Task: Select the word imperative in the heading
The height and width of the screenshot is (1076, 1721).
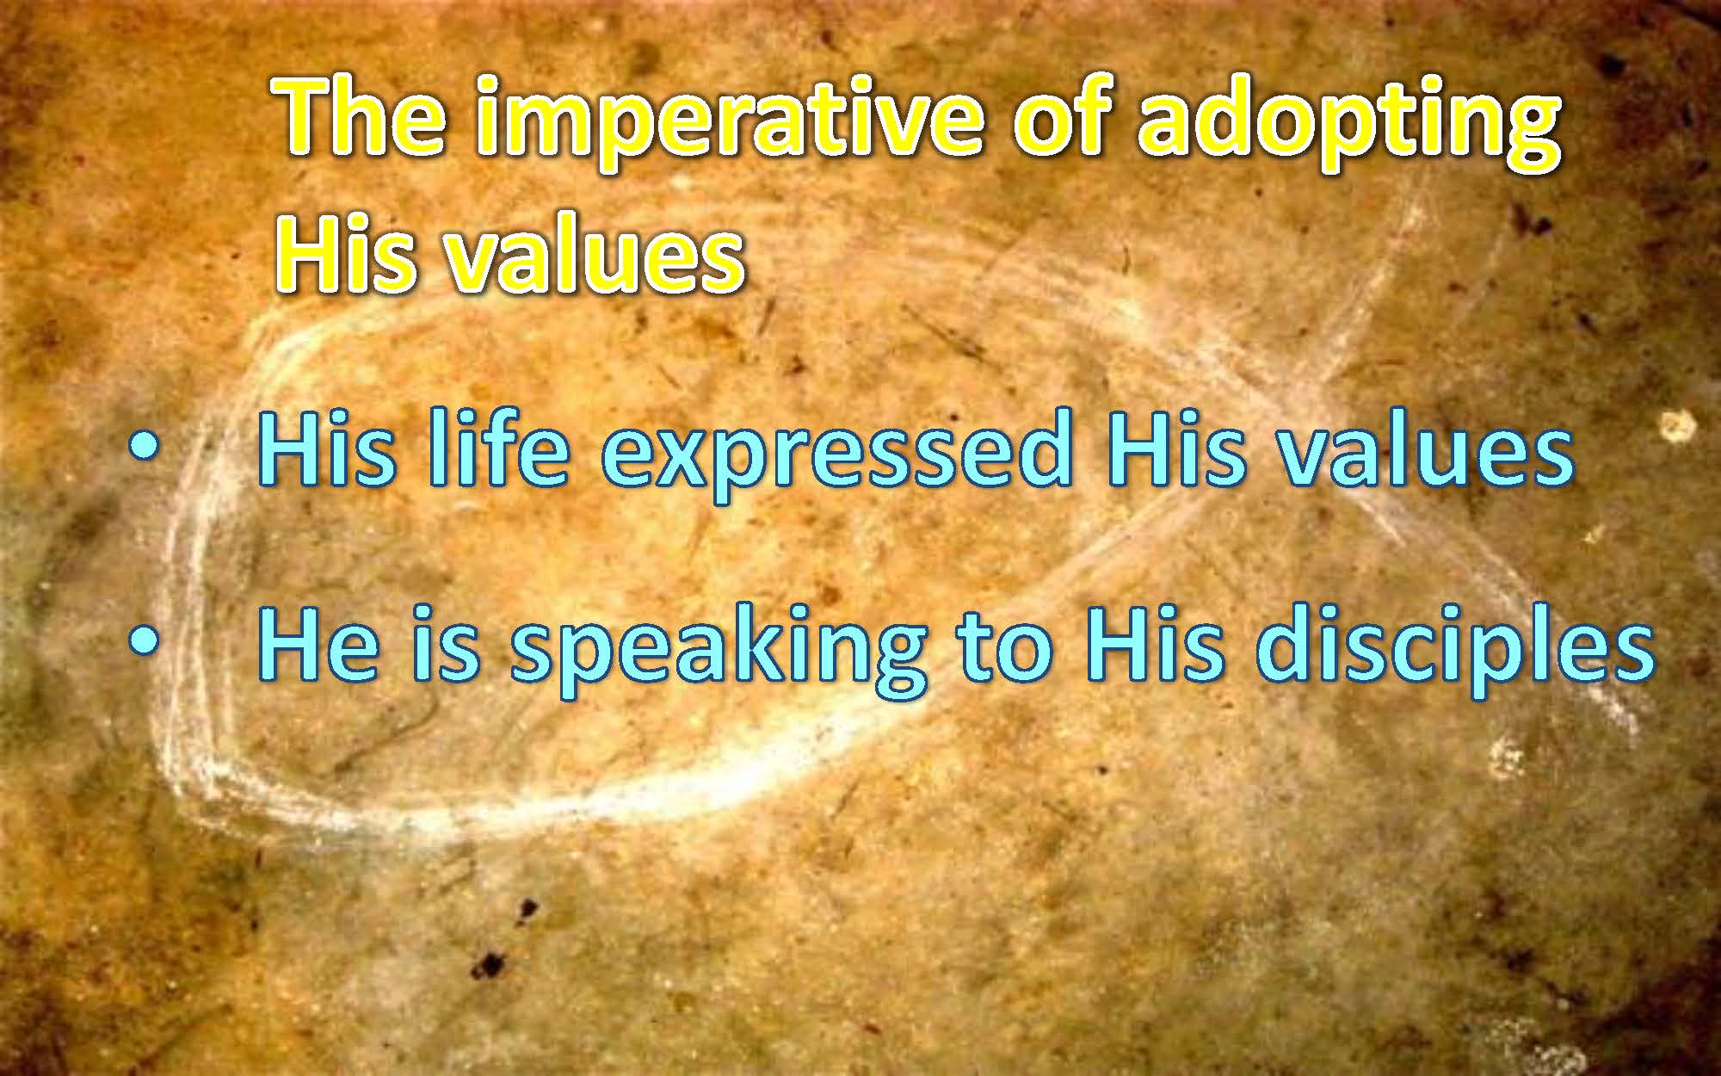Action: tap(731, 126)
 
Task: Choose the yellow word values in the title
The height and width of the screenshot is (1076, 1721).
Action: tap(593, 253)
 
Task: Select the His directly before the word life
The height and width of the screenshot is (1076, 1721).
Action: tap(327, 451)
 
